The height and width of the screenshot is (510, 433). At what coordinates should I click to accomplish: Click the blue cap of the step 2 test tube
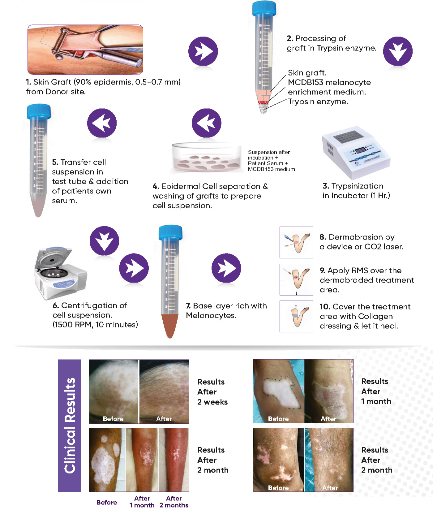264,8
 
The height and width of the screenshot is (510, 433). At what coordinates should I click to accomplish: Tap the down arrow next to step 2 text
398,51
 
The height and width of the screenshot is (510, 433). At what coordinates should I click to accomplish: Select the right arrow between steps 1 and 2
203,51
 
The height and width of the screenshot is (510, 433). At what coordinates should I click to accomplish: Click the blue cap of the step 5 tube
39,112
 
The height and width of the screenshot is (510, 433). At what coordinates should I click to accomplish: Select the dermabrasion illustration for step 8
296,242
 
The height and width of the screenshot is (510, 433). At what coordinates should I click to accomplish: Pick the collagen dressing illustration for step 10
296,316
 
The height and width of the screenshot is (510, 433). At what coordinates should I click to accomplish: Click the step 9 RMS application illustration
296,279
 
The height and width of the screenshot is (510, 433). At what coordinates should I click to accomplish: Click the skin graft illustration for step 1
85,50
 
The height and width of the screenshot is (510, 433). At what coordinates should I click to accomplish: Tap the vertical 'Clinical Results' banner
70,426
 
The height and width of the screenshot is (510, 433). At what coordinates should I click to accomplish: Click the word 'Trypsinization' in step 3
357,186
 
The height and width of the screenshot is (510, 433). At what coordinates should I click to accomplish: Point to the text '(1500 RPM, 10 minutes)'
95,325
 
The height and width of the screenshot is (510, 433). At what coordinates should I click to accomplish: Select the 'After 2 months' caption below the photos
174,502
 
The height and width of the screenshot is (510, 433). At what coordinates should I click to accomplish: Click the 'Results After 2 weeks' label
212,392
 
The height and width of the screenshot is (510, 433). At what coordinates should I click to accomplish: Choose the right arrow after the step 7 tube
226,268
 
